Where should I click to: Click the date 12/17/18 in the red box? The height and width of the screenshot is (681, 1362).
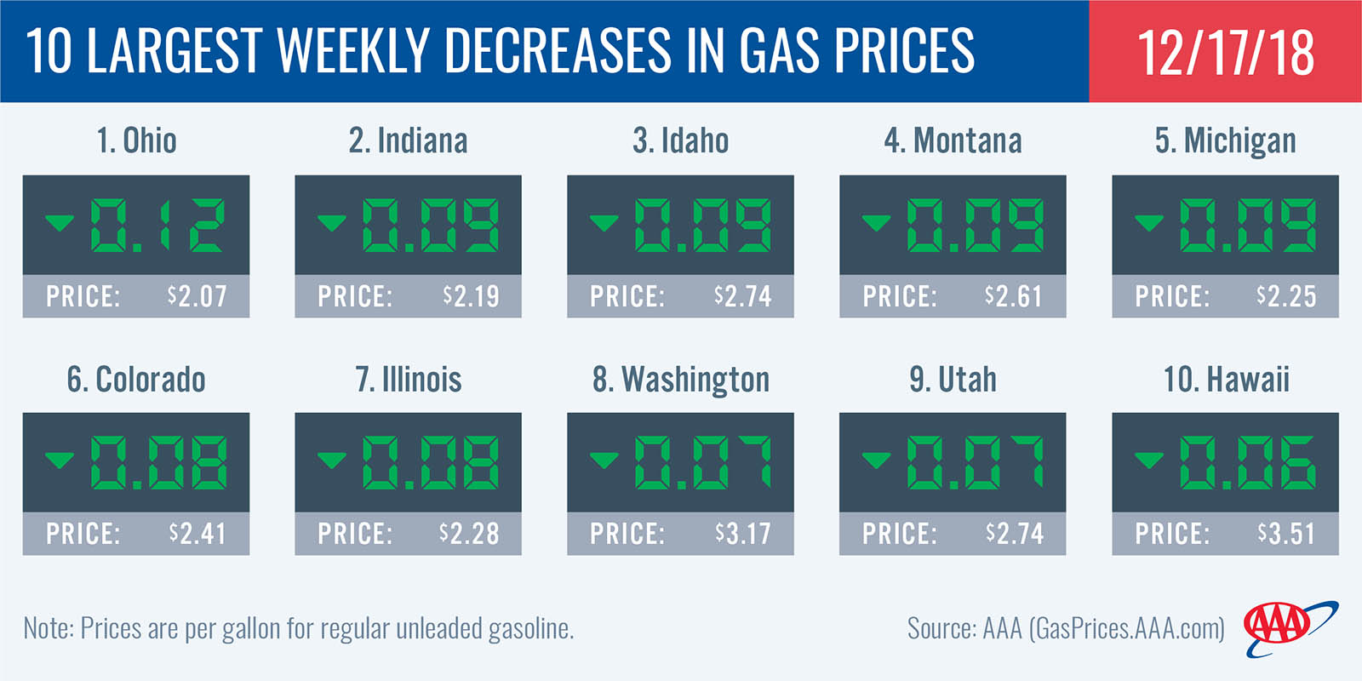[x=1225, y=52]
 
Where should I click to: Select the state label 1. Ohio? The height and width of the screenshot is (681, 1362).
[x=136, y=140]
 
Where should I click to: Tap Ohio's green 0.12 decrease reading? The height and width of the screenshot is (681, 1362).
[x=157, y=225]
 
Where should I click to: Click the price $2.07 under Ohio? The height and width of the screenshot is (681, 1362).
[x=197, y=296]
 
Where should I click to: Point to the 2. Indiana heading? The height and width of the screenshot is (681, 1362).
[x=408, y=140]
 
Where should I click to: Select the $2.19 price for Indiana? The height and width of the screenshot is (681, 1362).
[x=471, y=296]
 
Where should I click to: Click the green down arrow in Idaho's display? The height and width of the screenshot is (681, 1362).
[x=604, y=223]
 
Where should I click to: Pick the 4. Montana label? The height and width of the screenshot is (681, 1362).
[x=953, y=140]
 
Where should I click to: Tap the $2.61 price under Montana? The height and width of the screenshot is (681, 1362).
[x=1013, y=296]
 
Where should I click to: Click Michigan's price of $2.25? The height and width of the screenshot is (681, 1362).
[x=1286, y=296]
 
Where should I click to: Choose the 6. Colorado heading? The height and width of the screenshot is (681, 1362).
[x=136, y=379]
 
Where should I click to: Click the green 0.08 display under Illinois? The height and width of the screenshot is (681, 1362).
[x=430, y=462]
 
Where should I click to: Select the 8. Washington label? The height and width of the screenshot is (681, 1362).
[x=680, y=379]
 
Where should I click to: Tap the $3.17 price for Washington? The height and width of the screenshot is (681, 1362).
[x=742, y=534]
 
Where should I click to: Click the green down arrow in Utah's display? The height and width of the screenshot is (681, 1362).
[x=876, y=461]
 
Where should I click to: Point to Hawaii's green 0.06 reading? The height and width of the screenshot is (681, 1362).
[x=1247, y=462]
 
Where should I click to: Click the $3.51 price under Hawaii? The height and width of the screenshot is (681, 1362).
[x=1286, y=534]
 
